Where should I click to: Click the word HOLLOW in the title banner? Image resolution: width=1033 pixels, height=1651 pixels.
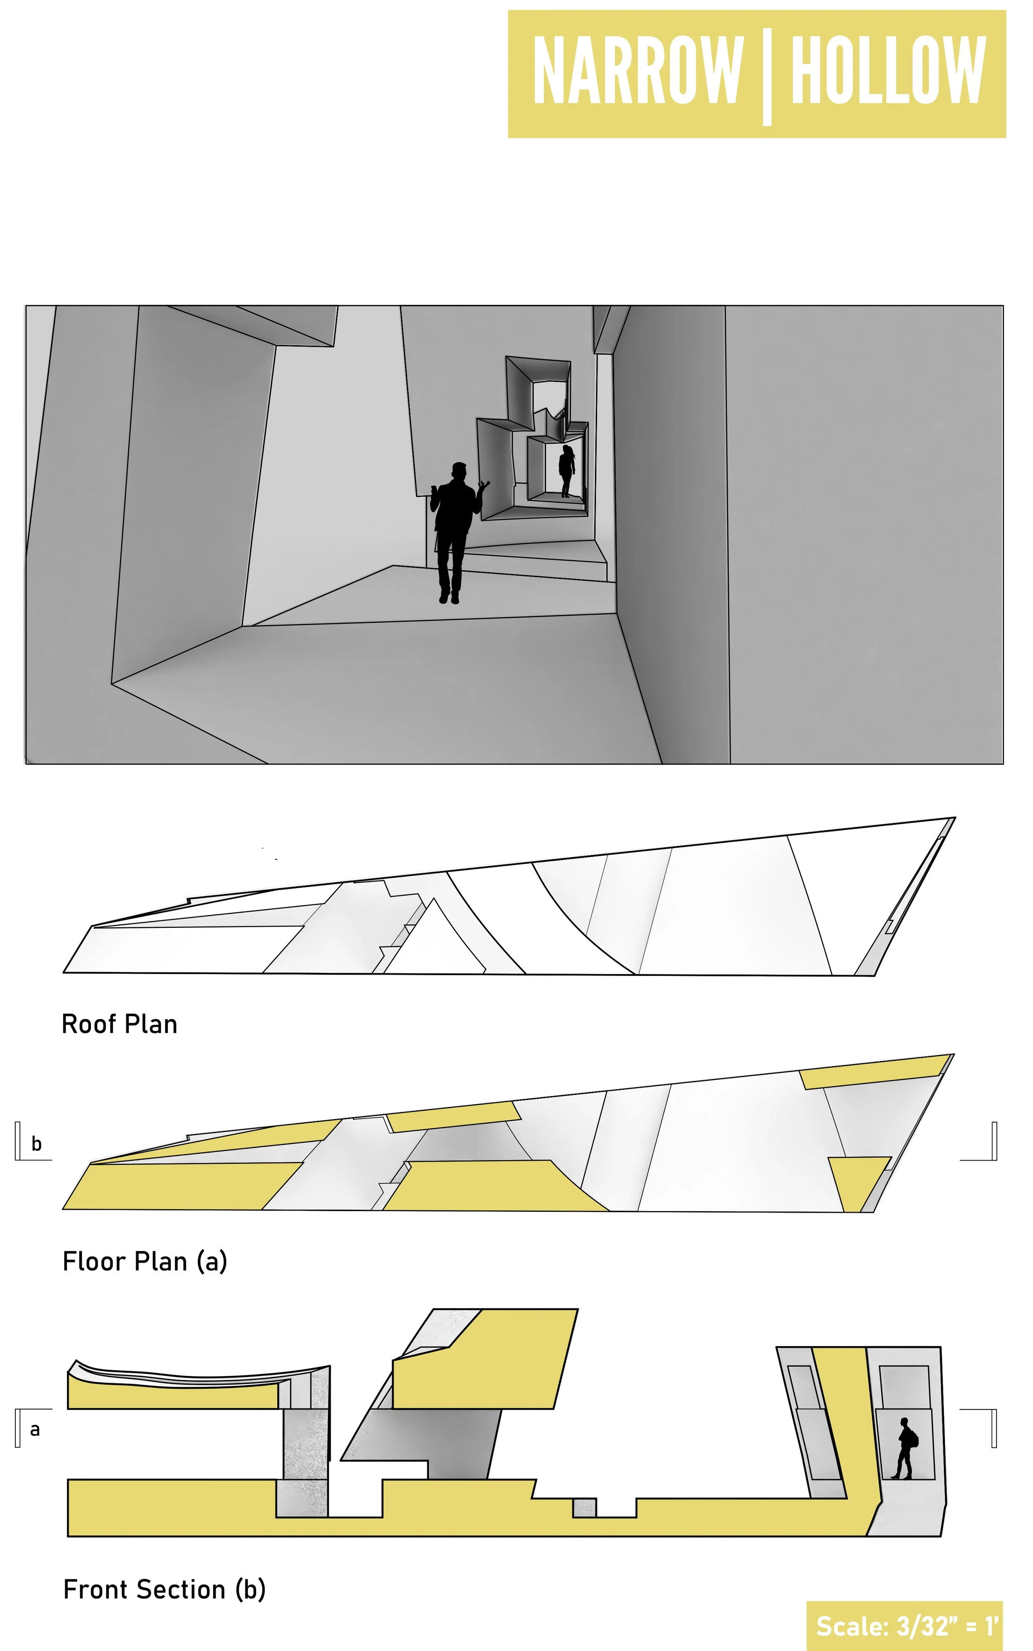(x=888, y=70)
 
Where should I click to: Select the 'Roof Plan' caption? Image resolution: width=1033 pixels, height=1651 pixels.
(x=119, y=1025)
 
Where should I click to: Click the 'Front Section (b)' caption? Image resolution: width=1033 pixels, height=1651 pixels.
(x=164, y=1589)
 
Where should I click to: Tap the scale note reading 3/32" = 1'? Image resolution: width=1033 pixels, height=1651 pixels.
(x=907, y=1626)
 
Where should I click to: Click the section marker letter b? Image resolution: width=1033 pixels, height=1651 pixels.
(x=36, y=1144)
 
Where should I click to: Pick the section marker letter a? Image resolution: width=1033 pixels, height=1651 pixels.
(x=35, y=1429)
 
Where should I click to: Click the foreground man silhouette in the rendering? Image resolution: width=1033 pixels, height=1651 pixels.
(x=453, y=533)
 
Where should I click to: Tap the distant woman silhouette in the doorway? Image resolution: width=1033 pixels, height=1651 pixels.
(x=566, y=471)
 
